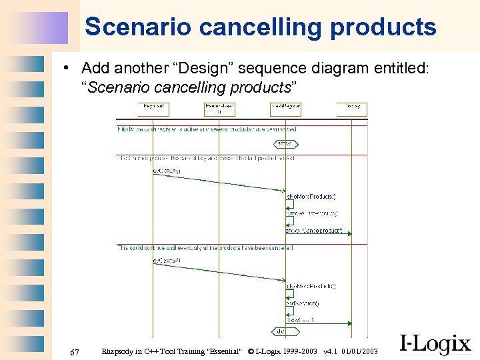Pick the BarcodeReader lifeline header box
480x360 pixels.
pyautogui.click(x=219, y=108)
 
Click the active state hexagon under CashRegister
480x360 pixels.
pyautogui.click(x=285, y=144)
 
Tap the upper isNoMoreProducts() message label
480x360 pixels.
pyautogui.click(x=311, y=197)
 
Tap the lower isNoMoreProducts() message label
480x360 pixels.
pyautogui.click(x=311, y=286)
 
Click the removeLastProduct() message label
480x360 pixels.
pyautogui.click(x=312, y=213)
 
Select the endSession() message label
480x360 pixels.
pyautogui.click(x=303, y=303)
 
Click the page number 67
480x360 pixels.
pyautogui.click(x=75, y=352)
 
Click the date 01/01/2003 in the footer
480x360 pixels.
pyautogui.click(x=359, y=351)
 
